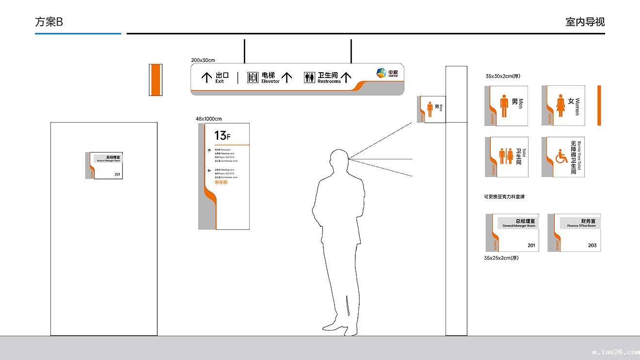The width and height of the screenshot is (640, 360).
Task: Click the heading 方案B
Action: (49, 22)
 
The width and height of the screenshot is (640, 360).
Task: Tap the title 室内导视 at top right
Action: (585, 22)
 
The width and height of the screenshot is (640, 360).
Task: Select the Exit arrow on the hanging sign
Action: (207, 77)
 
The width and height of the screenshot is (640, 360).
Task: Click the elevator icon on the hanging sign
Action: (253, 78)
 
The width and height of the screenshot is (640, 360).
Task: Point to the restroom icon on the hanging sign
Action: (309, 78)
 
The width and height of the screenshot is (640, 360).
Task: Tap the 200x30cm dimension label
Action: (203, 60)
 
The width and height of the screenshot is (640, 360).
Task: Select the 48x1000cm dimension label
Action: (208, 119)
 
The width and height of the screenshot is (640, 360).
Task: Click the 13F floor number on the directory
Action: (223, 135)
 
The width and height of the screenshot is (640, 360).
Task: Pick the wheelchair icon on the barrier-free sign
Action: (561, 157)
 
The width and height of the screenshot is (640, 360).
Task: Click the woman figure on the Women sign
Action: (560, 106)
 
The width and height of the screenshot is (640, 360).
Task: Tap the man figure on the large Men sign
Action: (504, 106)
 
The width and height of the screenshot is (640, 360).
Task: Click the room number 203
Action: (592, 246)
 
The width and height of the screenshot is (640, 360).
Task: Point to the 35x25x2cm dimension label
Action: (501, 258)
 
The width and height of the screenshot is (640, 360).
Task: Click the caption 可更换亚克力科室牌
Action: (504, 197)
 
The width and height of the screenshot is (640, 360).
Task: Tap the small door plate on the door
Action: (104, 166)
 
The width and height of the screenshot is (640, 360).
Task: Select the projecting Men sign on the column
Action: (431, 109)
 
